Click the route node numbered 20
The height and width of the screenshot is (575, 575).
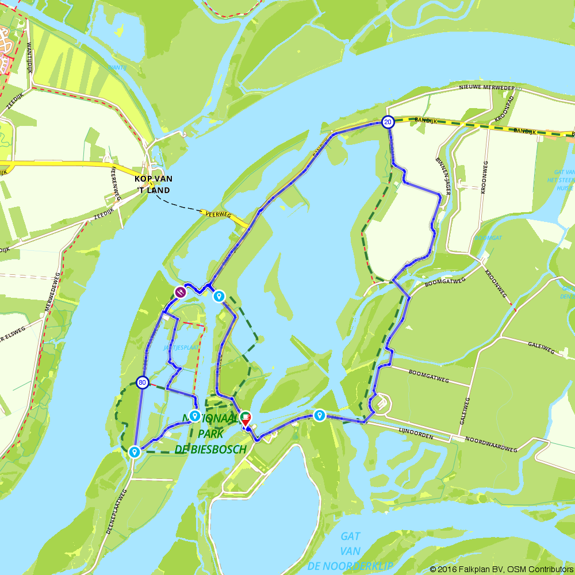tap(388, 122)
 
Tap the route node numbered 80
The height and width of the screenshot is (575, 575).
tap(143, 382)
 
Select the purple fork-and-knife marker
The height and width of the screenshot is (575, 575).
tap(181, 292)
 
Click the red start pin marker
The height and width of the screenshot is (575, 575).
tap(246, 419)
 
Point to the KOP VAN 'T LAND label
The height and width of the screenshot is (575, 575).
tap(153, 184)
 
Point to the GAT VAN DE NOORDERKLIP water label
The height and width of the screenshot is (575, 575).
tap(350, 551)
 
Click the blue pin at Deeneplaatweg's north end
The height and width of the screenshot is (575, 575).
tap(135, 452)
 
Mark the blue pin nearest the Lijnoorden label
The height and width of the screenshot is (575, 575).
tap(319, 415)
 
